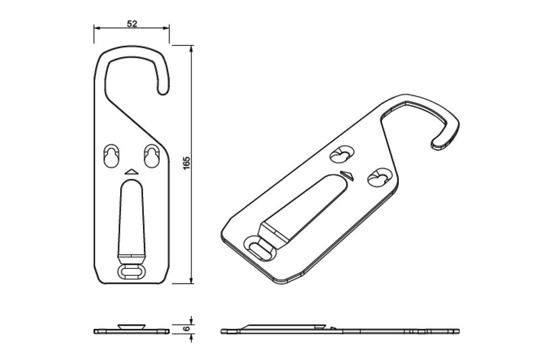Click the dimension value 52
click(x=132, y=24)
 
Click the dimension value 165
click(x=186, y=163)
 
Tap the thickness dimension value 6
click(x=186, y=328)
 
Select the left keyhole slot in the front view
click(x=111, y=156)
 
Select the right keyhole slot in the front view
click(x=151, y=156)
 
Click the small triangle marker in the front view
click(x=132, y=172)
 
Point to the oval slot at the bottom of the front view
click(x=132, y=272)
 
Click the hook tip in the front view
click(x=163, y=91)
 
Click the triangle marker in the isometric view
click(x=347, y=176)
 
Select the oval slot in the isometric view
click(x=260, y=249)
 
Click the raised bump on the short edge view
click(x=132, y=326)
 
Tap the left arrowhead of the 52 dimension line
click(x=97, y=28)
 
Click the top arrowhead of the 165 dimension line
click(x=192, y=49)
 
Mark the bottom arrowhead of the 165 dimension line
click(x=192, y=280)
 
